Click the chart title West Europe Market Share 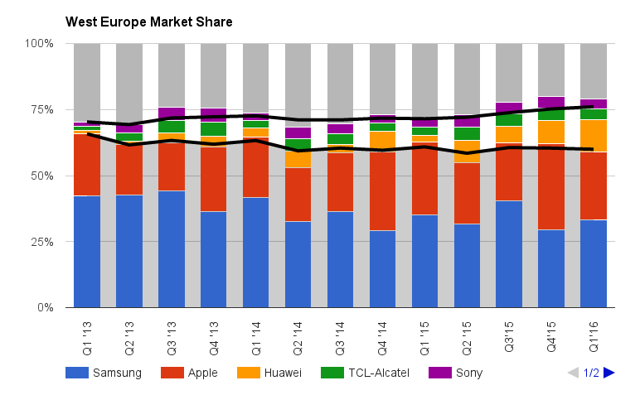tap(148, 21)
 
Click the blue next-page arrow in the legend tap(609, 373)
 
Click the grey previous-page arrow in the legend tap(573, 373)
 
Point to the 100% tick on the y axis tap(39, 43)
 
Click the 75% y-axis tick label tap(41, 109)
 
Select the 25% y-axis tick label tap(41, 242)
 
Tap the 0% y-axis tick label tap(45, 308)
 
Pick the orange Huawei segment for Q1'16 tap(594, 136)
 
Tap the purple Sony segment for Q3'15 tap(509, 108)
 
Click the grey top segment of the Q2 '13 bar tap(128, 83)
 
